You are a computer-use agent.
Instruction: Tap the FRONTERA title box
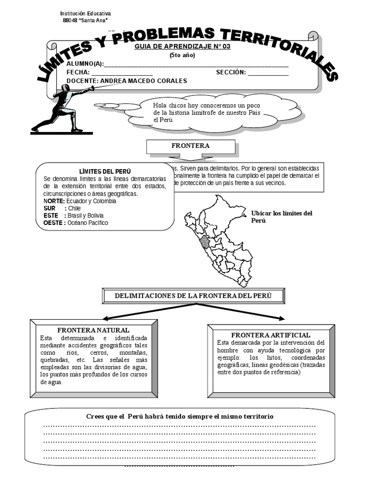click(x=190, y=146)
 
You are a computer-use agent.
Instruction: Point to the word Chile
click(x=74, y=208)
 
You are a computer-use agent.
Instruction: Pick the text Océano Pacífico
click(x=88, y=223)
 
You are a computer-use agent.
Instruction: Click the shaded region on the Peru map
click(x=205, y=242)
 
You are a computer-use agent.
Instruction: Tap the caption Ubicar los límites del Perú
click(x=282, y=217)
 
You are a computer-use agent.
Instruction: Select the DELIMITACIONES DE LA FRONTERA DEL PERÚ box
click(x=193, y=296)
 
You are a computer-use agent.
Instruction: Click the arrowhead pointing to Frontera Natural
click(x=106, y=318)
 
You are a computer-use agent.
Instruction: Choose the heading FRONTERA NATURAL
click(x=93, y=330)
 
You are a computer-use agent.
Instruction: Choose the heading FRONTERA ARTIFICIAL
click(x=271, y=335)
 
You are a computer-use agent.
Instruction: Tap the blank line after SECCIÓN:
click(x=268, y=73)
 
